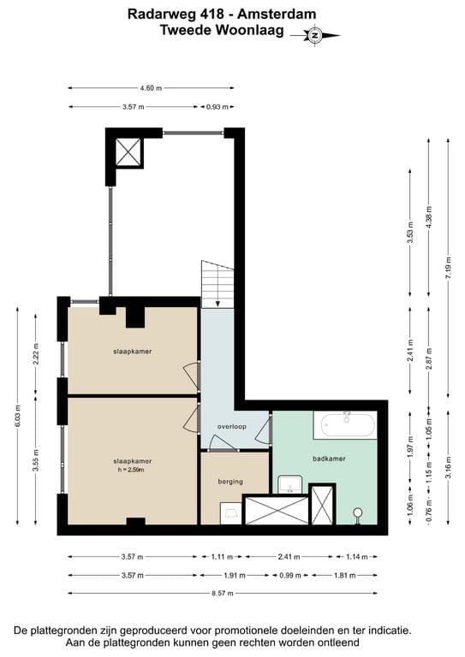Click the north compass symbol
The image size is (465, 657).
pos(314,35)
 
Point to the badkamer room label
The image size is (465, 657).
pos(329,459)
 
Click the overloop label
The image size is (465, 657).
pos(232,426)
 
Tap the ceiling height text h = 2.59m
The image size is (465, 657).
pos(132,470)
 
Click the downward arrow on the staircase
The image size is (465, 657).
pos(218,300)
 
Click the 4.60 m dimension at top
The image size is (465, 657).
pos(151,88)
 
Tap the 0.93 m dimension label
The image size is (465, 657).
pos(218,106)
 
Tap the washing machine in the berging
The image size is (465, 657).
pos(230,512)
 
